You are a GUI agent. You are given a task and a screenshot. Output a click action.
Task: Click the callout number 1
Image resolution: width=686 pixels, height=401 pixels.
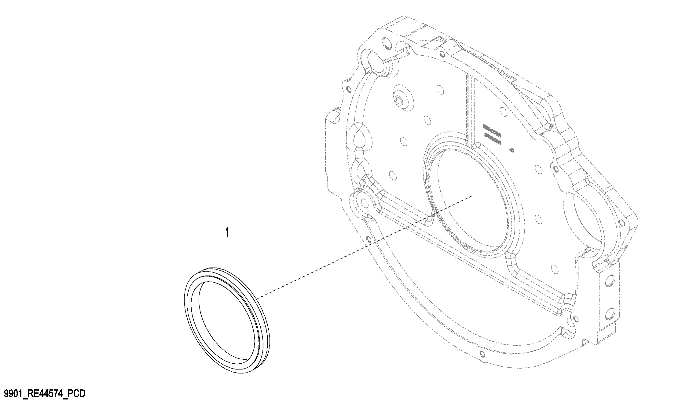[227, 233]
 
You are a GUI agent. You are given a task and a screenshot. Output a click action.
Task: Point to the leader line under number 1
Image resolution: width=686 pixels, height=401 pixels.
[228, 254]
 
